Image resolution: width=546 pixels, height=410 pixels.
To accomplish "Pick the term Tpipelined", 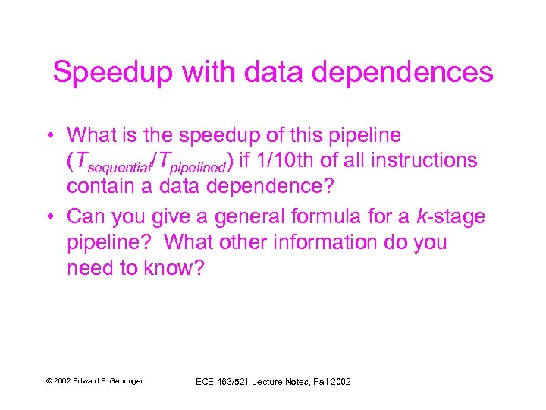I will click(190, 161).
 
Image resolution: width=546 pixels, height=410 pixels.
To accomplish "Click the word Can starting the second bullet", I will click(86, 217).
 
